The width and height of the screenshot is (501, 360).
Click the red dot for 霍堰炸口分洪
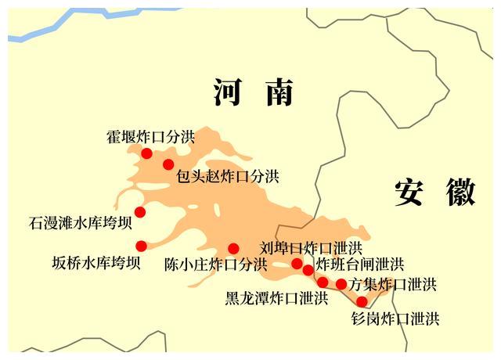pos(146,153)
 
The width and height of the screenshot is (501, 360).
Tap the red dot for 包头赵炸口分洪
pos(168,164)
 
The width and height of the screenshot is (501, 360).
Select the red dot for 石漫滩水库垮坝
pos(140,212)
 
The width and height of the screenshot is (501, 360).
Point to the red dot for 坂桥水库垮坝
pos(141,246)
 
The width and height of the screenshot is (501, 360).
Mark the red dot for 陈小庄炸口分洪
pos(233,249)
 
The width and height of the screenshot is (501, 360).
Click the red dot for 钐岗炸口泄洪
pos(362,301)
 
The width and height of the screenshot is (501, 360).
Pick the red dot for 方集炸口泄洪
pos(341,284)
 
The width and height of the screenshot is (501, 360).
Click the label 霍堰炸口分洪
pos(150,137)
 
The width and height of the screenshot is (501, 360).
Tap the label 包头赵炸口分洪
pos(228,176)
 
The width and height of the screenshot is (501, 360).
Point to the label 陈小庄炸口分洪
pos(215,265)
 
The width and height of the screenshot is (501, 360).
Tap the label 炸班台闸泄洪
pos(360,265)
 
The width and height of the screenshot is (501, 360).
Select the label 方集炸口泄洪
pos(393,284)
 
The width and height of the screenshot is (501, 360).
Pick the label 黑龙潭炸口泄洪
pos(276,298)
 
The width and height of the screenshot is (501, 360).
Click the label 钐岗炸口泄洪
pos(395,319)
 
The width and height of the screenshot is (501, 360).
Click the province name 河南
pos(254,92)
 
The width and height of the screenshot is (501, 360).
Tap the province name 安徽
pos(434,192)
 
